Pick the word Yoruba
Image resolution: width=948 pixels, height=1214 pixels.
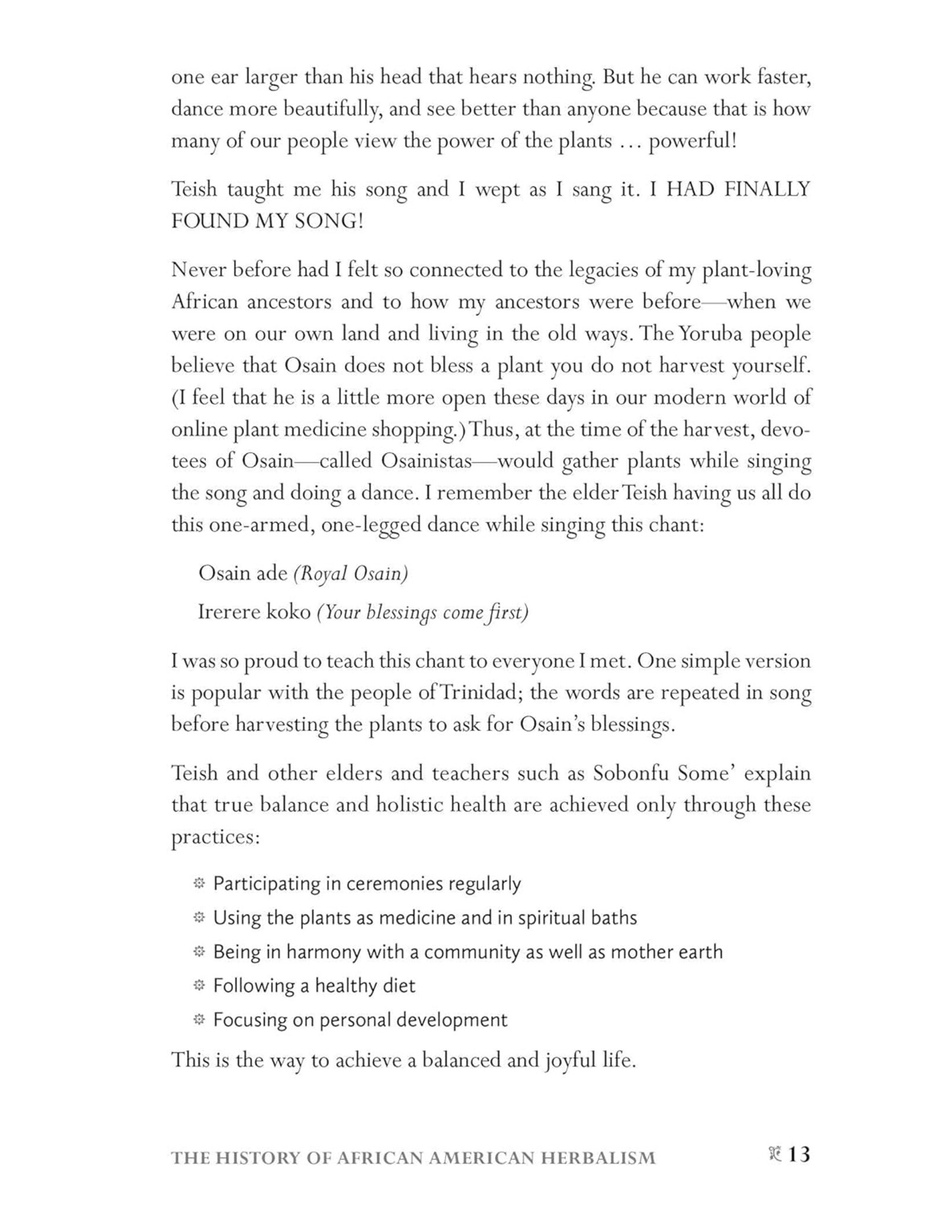[x=712, y=334]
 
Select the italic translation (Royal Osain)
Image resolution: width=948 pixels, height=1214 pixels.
[x=351, y=573]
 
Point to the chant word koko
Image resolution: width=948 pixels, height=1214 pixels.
[x=289, y=612]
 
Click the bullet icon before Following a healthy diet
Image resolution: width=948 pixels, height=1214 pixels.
[x=199, y=985]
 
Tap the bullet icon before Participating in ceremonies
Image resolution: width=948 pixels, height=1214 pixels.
[x=199, y=884]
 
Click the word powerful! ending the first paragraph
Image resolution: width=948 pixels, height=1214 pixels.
[x=693, y=142]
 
